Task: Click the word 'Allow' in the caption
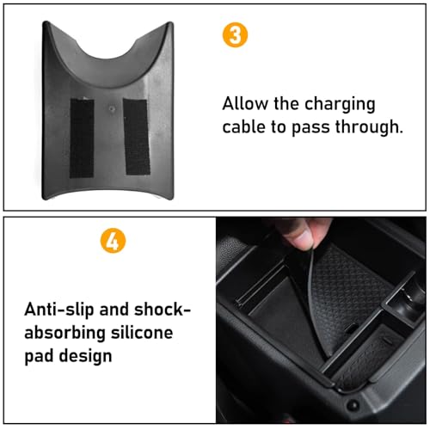click(x=244, y=104)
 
